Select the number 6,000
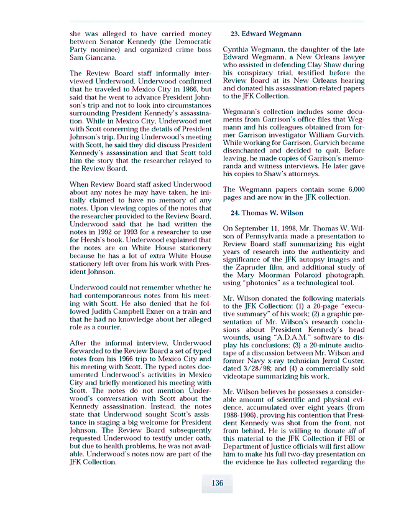(x=352, y=189)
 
